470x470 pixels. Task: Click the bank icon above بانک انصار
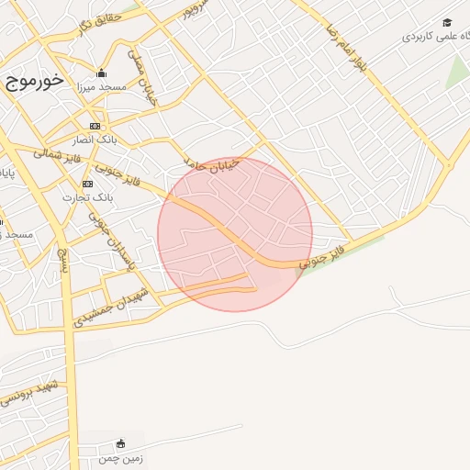point(95,126)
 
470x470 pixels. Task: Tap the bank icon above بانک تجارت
point(87,184)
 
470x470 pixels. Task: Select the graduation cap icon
point(447,23)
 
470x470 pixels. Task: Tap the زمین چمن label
point(124,456)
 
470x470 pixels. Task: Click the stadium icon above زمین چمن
point(121,443)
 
